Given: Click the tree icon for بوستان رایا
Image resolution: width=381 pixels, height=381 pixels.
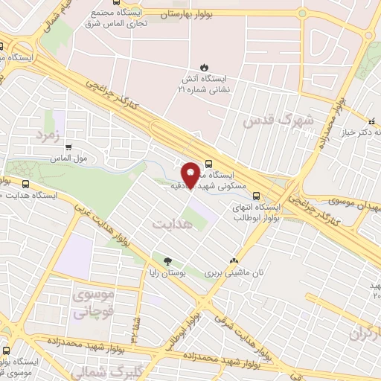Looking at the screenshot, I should pos(167,261).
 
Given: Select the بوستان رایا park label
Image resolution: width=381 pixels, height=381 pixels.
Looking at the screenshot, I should pos(172,275).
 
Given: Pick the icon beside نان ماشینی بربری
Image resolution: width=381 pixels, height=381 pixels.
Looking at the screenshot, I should pos(235,261).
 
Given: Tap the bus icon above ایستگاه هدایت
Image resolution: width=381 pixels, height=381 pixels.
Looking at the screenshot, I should pos(27,184).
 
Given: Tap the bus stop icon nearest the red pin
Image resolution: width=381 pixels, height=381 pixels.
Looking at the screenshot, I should pos(208,162).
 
